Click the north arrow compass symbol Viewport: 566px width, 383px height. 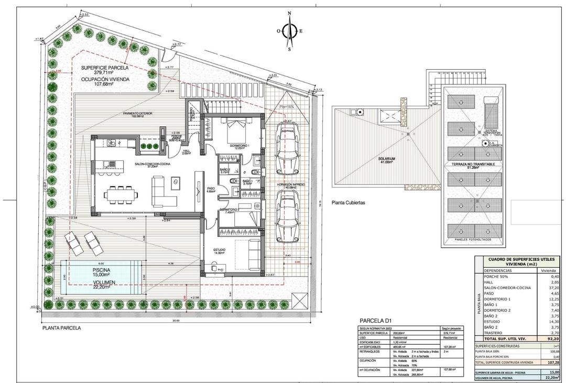coord(289,30)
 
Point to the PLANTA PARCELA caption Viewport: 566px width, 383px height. coord(61,327)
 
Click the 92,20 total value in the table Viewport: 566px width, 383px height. coord(553,339)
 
